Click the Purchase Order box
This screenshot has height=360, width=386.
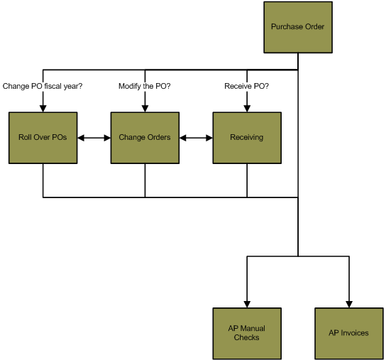(298, 28)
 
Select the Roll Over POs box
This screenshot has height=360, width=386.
(43, 138)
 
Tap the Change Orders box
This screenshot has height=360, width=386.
(145, 138)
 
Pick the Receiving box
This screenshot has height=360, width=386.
(247, 138)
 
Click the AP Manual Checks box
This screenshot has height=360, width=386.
(247, 334)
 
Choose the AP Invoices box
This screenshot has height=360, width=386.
(349, 334)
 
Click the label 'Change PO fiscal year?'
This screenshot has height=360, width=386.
(43, 86)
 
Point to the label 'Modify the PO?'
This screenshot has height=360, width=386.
(145, 86)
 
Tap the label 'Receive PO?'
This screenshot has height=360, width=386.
(246, 86)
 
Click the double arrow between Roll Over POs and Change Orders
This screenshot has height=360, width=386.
(94, 138)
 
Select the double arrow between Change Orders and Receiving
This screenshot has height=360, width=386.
(196, 138)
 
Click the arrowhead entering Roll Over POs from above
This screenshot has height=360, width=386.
(43, 109)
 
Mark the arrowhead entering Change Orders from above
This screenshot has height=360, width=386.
(145, 109)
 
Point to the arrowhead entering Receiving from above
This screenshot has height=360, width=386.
(247, 109)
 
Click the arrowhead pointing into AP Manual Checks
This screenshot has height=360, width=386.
(247, 305)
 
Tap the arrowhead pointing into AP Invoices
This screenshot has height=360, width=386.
(349, 305)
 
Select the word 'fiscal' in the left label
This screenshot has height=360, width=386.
(53, 86)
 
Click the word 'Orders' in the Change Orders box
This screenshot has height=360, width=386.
(158, 137)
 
